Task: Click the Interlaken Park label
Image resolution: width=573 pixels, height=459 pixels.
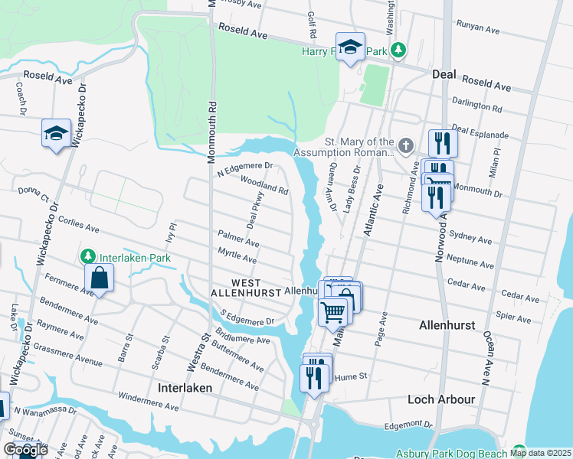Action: [136, 258]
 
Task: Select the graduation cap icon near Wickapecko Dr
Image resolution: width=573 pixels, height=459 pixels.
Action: [56, 133]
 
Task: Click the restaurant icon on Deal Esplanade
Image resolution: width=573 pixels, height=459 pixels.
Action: [442, 142]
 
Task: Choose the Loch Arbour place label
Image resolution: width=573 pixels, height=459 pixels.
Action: [441, 399]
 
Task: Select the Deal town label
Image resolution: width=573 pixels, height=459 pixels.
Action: [444, 74]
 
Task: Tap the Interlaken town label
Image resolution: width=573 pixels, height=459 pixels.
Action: [185, 388]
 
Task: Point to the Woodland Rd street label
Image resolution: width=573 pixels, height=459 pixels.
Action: [264, 186]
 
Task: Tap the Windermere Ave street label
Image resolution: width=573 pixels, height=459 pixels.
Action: [149, 402]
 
